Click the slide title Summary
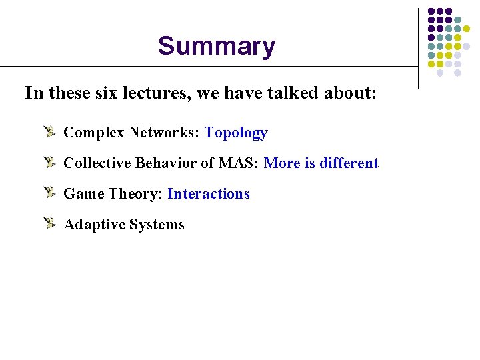216,46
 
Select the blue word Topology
236,133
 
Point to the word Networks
163,133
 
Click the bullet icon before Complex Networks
50,132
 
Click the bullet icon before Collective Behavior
50,163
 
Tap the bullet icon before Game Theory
50,193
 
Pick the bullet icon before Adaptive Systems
50,224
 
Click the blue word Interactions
209,194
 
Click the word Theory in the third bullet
136,194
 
